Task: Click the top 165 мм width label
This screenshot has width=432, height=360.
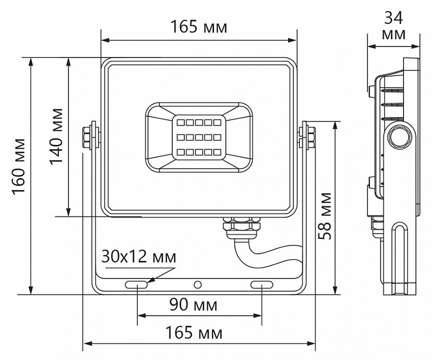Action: (199, 26)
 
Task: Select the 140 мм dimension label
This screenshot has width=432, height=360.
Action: (56, 136)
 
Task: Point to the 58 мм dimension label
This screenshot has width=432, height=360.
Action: (325, 215)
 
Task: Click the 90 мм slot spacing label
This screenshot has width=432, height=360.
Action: (196, 304)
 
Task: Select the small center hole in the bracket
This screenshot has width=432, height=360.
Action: (198, 285)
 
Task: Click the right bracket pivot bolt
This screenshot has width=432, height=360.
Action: (307, 135)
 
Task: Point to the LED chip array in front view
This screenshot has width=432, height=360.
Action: (198, 136)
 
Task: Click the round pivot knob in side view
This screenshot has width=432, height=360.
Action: (400, 135)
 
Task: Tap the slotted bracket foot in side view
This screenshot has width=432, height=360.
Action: (402, 257)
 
